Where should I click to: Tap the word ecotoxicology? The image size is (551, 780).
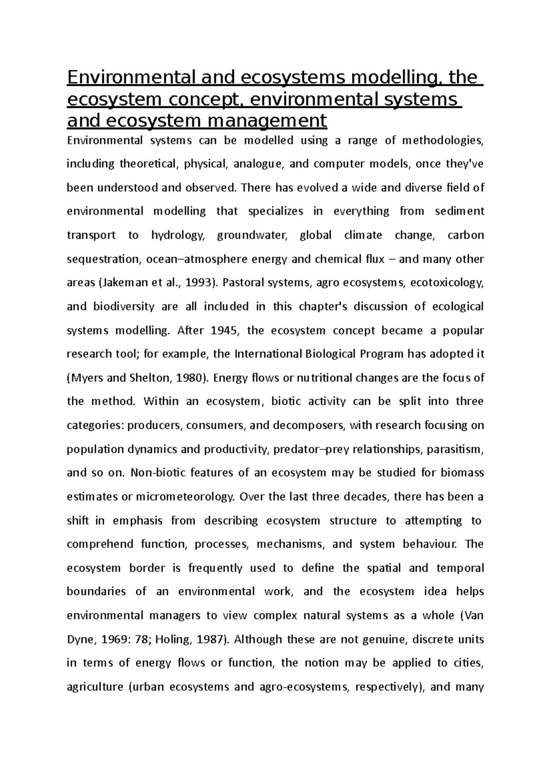446,283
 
